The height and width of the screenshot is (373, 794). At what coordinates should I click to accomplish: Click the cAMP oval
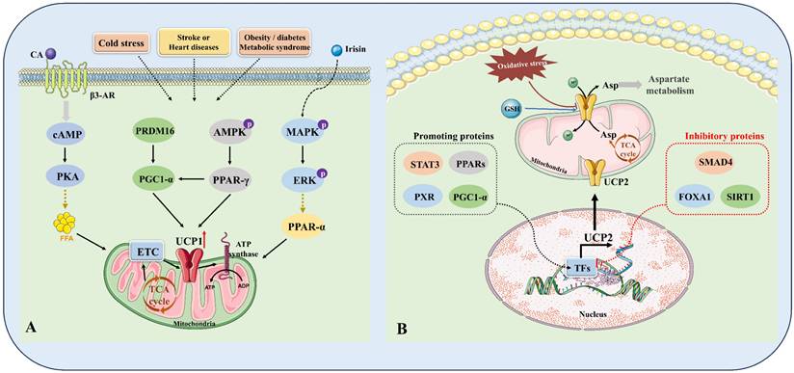(65, 138)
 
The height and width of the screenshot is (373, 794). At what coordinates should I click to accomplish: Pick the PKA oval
(65, 179)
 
